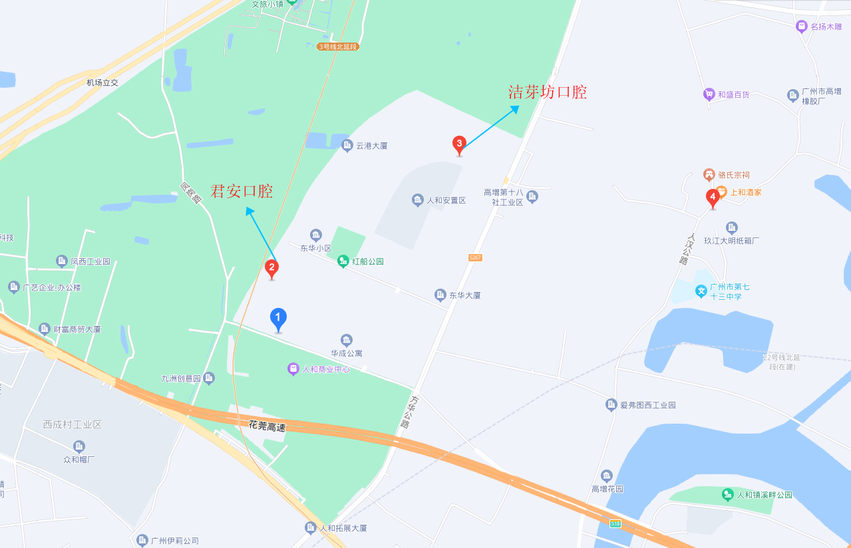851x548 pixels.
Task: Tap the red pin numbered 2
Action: coord(271,268)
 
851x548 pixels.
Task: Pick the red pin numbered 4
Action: coord(713,197)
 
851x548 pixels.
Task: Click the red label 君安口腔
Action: coord(242,192)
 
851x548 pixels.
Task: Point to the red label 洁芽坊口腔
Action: coord(548,92)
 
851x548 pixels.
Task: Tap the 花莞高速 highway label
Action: coord(267,426)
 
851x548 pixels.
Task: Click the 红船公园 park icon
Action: coord(343,261)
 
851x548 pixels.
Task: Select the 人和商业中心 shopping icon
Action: coord(293,368)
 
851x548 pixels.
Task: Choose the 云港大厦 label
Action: coord(372,146)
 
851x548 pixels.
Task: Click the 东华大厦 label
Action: coord(464,295)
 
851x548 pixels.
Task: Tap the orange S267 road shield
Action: coord(474,257)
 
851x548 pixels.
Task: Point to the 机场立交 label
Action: coord(102,82)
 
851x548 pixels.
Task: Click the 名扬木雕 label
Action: coord(826,27)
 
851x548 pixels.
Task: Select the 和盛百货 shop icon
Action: coord(709,94)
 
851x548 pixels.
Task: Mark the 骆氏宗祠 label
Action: coord(733,175)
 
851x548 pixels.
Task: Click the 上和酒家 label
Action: coord(746,192)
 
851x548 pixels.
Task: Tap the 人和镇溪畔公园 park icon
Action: coord(728,495)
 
